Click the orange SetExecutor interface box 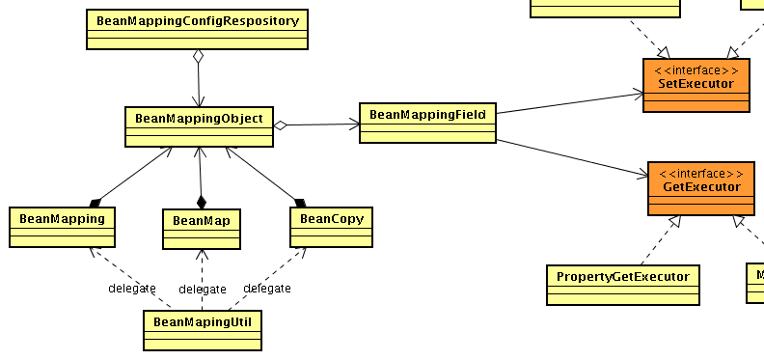(x=696, y=85)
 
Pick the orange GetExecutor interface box (x=701, y=188)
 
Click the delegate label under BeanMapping (x=131, y=289)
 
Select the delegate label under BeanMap (x=203, y=290)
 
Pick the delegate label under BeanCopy (x=267, y=289)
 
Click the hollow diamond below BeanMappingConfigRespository (x=198, y=57)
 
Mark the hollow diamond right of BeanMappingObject (x=281, y=125)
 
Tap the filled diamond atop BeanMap (x=202, y=202)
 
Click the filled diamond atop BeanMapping (x=95, y=202)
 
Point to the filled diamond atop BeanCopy (x=299, y=202)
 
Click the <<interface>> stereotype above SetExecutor (x=696, y=70)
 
